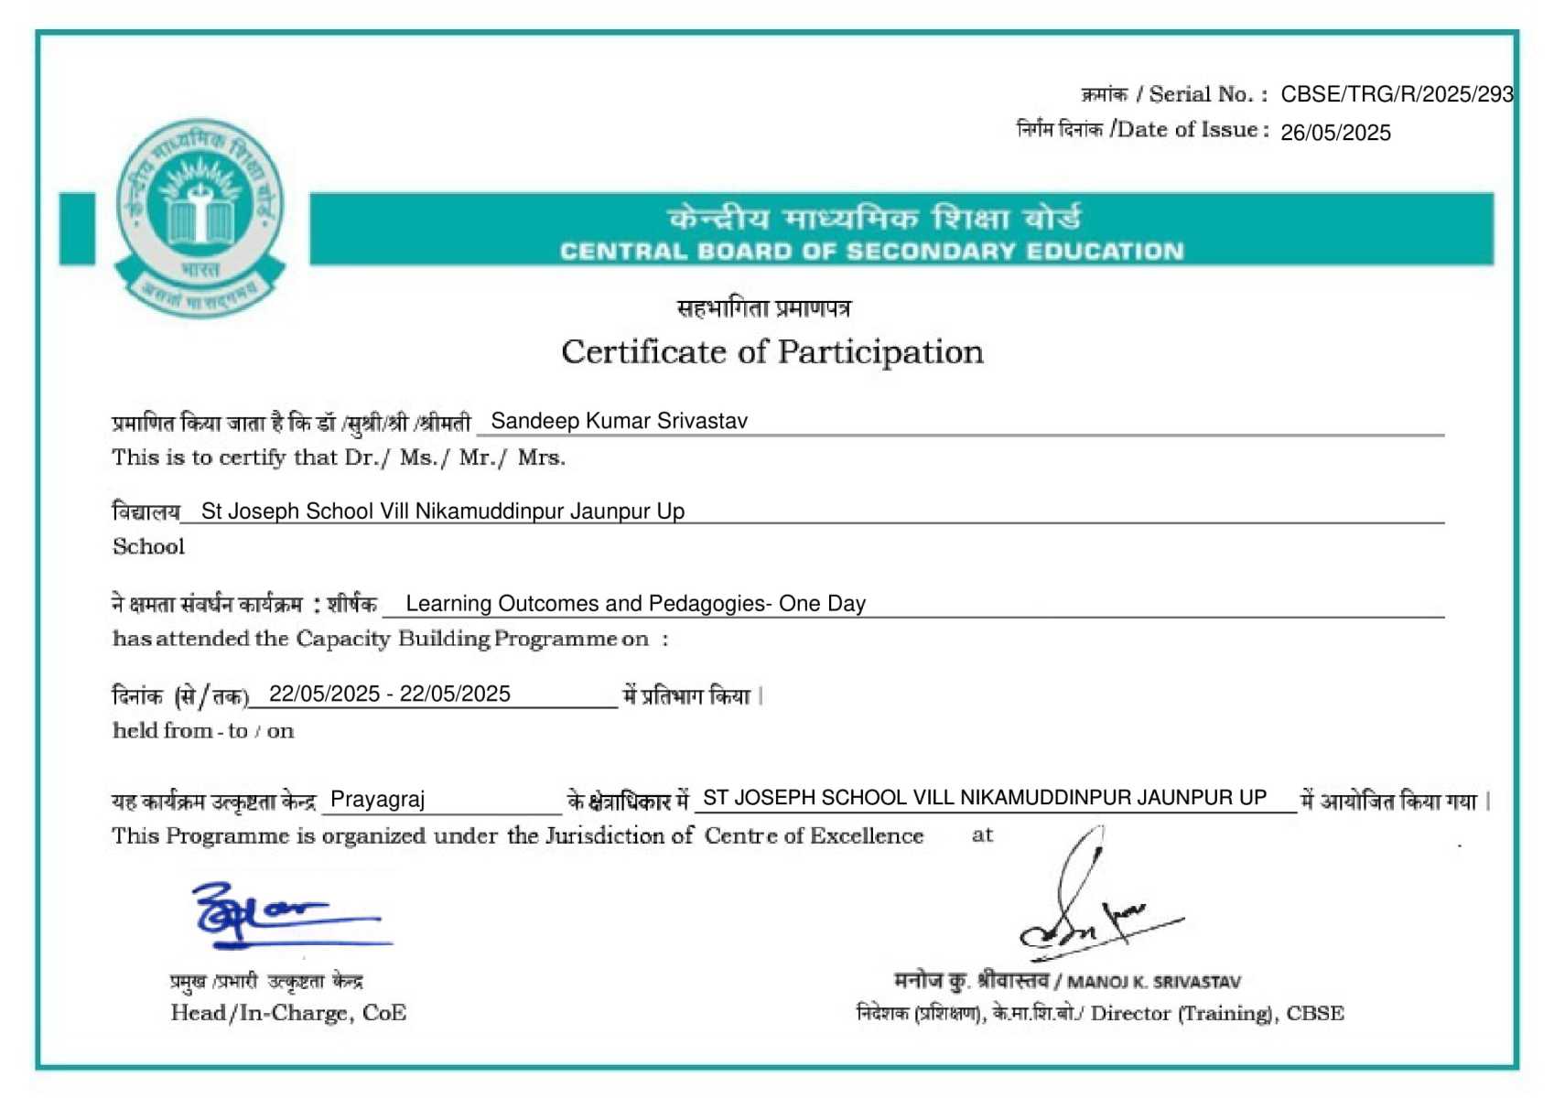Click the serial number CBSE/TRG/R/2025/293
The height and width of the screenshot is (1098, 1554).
[x=1396, y=94]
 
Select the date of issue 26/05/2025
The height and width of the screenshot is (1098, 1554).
[x=1335, y=133]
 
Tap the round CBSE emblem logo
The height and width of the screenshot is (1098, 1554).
[x=200, y=217]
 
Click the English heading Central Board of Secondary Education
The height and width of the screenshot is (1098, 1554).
[x=871, y=252]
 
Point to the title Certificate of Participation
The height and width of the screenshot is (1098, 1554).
[x=772, y=352]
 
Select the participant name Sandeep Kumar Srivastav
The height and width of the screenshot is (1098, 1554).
[x=619, y=421]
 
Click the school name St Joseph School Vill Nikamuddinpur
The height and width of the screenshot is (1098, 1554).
[x=443, y=511]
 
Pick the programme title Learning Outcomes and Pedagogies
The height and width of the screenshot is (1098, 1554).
[x=635, y=604]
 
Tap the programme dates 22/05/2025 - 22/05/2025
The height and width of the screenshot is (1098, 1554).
[x=390, y=694]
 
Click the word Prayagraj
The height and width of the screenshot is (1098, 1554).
[x=377, y=800]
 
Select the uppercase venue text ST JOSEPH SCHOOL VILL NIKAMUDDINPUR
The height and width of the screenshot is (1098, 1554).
[x=984, y=798]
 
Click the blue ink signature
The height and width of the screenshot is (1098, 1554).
[x=275, y=915]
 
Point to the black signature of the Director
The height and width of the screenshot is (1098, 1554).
[x=1089, y=906]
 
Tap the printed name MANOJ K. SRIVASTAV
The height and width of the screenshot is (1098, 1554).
[x=1154, y=983]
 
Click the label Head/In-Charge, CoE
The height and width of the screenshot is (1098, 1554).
[x=288, y=1013]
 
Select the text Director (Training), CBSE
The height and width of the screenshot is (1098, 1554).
[x=1217, y=1014]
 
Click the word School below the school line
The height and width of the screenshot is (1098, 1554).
[x=148, y=547]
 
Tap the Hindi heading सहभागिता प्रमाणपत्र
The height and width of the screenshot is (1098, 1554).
[x=763, y=309]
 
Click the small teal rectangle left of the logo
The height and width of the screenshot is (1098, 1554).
[x=77, y=229]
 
